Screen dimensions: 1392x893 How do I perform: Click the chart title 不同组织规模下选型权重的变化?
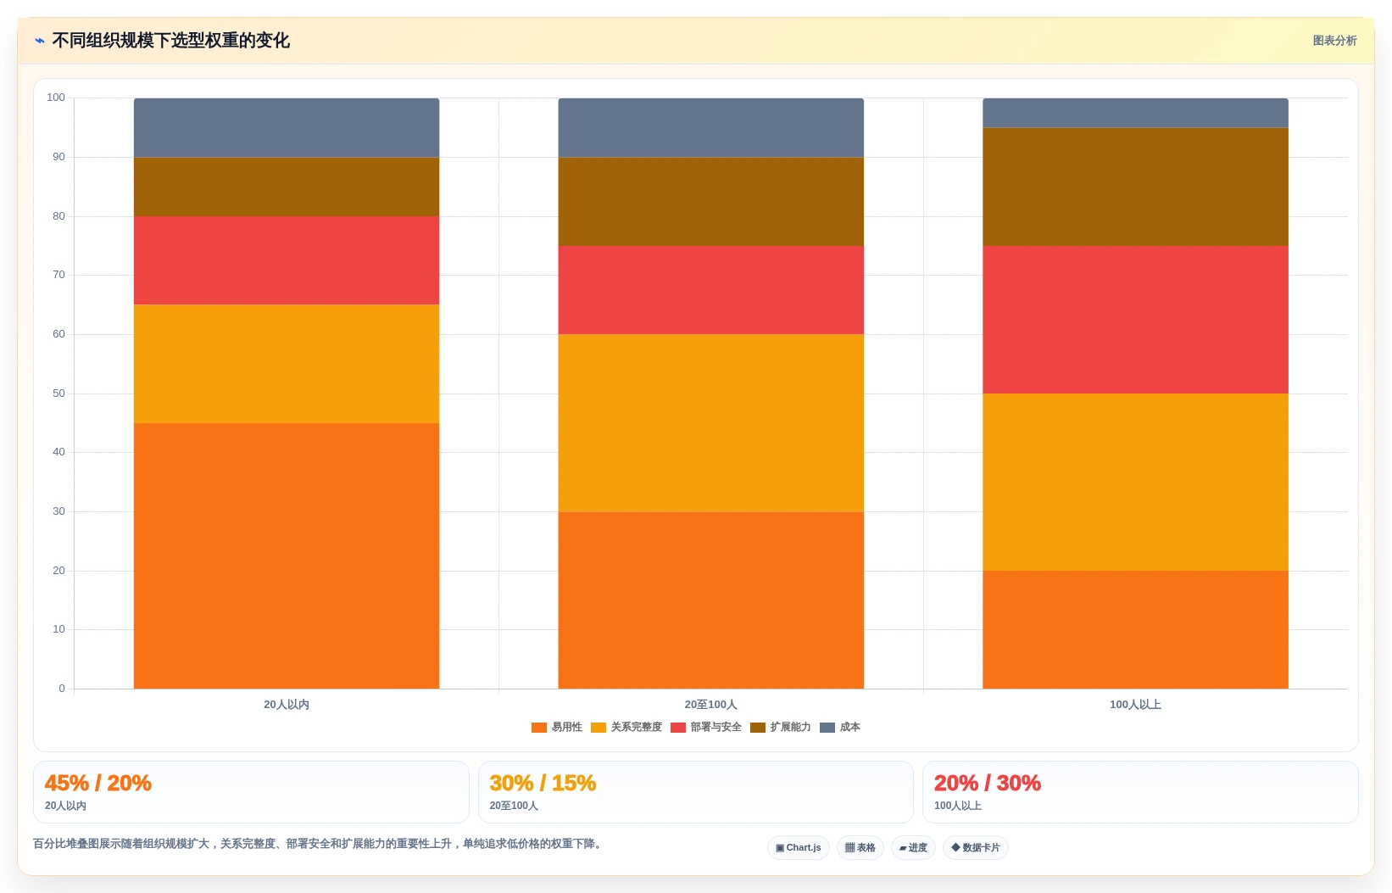[171, 41]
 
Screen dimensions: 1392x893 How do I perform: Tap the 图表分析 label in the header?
[1334, 41]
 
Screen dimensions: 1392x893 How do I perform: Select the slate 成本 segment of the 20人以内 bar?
[287, 127]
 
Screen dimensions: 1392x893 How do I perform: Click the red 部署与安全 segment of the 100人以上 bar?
[1135, 320]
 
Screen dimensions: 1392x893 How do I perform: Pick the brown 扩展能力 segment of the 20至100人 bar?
[711, 202]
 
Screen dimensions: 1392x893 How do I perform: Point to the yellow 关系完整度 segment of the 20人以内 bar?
[287, 364]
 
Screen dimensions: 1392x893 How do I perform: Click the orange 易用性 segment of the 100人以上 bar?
[1135, 629]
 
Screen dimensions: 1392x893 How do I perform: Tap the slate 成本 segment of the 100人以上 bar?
[1135, 113]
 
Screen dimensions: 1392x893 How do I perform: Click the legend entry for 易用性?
[557, 727]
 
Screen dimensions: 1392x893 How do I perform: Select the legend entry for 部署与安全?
[706, 727]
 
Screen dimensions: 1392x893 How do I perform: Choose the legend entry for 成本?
[840, 727]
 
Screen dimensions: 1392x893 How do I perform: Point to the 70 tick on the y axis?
[58, 275]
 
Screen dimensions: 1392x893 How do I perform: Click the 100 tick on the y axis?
[56, 98]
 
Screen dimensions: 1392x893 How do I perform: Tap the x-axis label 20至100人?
[711, 705]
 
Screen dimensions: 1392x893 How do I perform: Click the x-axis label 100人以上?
[1135, 705]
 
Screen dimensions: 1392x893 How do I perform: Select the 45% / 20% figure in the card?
[98, 783]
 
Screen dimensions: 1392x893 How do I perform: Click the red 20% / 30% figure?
[988, 783]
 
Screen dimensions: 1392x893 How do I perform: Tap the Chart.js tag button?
[799, 847]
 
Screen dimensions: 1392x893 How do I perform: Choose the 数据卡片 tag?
[976, 847]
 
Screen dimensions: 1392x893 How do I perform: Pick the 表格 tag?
[860, 847]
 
